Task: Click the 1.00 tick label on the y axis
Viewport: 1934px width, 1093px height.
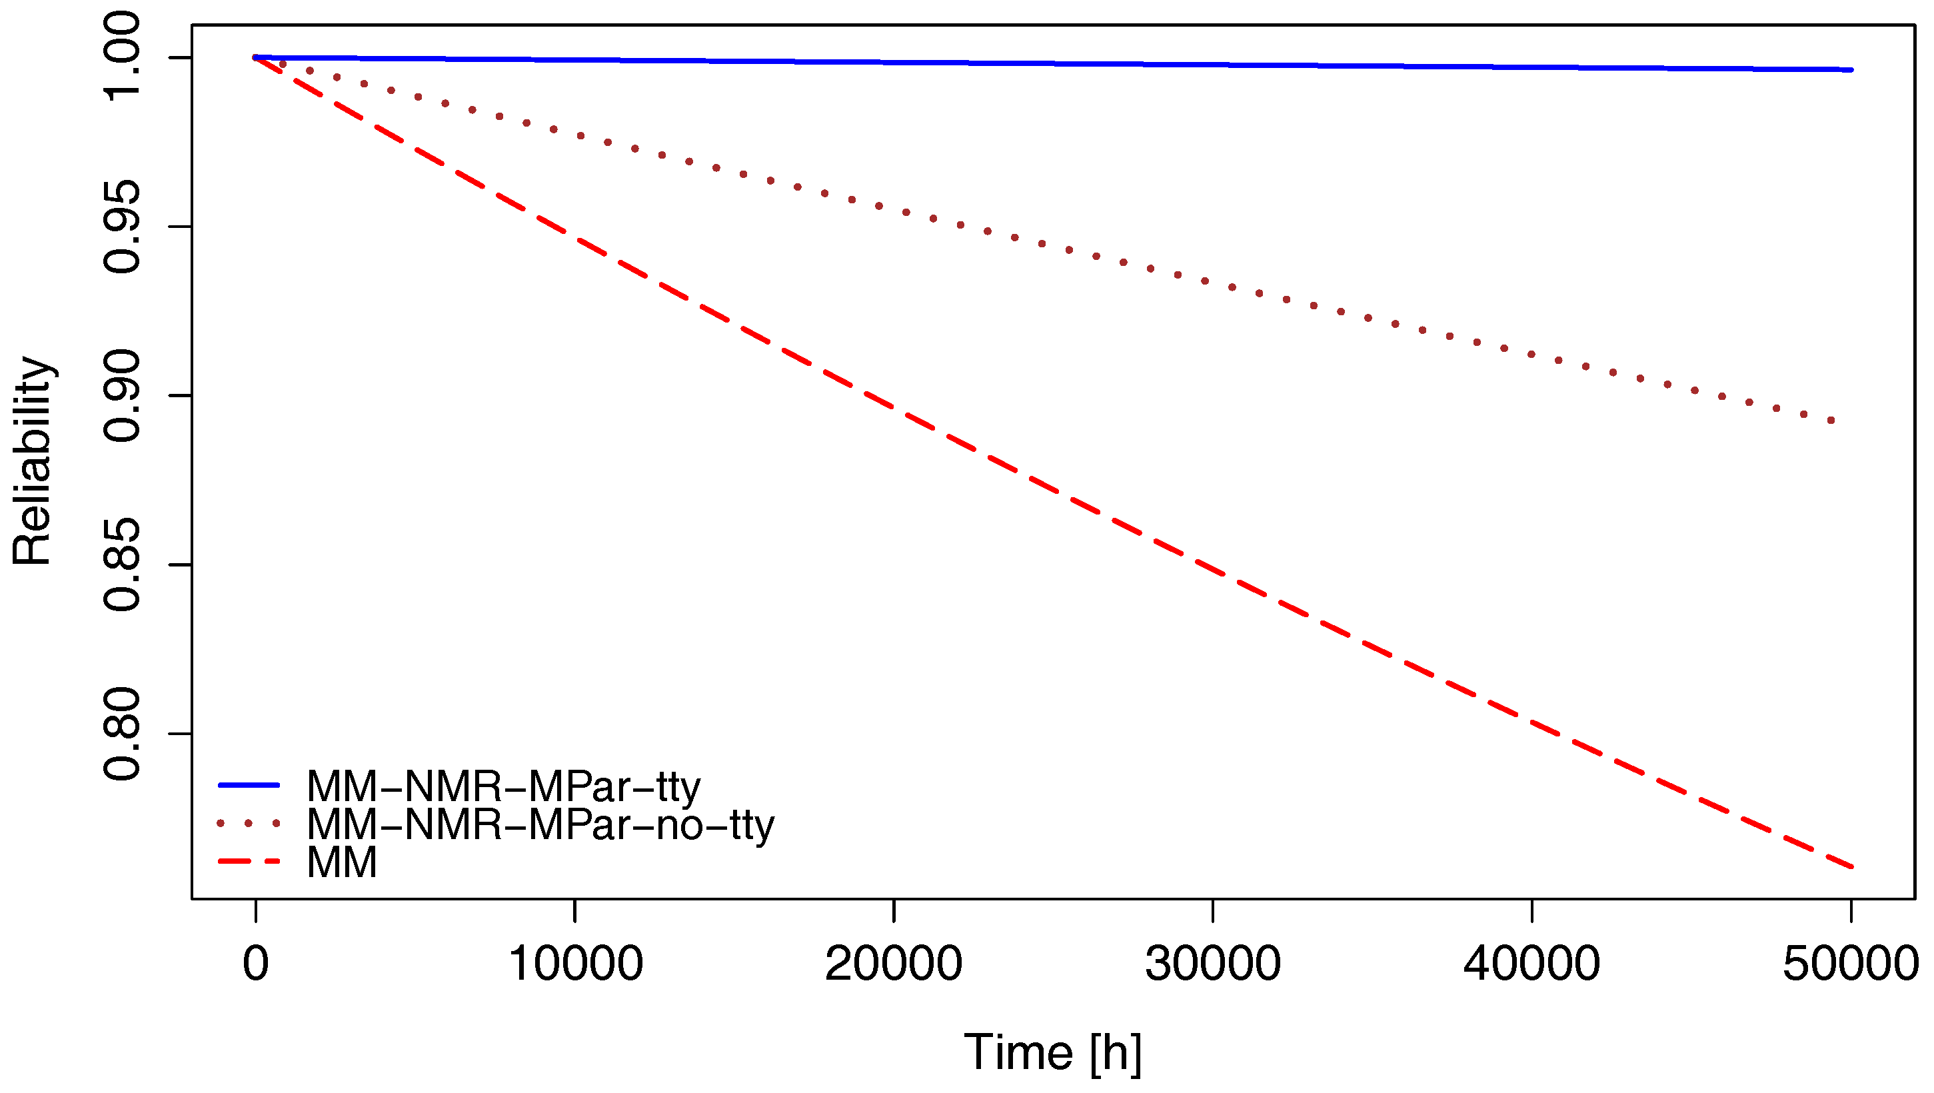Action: [122, 57]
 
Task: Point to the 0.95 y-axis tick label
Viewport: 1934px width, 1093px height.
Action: [122, 227]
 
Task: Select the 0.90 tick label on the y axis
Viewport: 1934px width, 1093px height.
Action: [122, 396]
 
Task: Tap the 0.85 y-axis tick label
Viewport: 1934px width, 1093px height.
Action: [122, 564]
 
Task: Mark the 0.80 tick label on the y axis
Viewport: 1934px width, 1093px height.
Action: [122, 733]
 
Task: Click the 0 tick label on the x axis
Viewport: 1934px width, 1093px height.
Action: [256, 963]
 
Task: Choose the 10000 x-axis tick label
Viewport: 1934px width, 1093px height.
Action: [575, 963]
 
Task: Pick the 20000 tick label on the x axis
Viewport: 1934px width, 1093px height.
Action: [894, 963]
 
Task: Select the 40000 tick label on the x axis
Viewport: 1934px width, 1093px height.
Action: [1531, 963]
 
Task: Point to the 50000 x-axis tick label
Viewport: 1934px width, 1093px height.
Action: [1850, 963]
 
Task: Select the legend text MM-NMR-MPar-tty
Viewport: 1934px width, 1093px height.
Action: [503, 786]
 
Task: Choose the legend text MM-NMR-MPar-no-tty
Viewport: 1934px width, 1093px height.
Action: [540, 824]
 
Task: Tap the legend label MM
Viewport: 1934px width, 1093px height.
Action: [342, 862]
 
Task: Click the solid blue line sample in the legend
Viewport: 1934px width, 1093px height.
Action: [249, 785]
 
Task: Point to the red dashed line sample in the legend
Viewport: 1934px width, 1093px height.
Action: [249, 861]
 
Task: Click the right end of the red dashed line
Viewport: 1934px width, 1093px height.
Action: [1851, 867]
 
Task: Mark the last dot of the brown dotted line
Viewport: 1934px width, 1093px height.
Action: [1832, 421]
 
